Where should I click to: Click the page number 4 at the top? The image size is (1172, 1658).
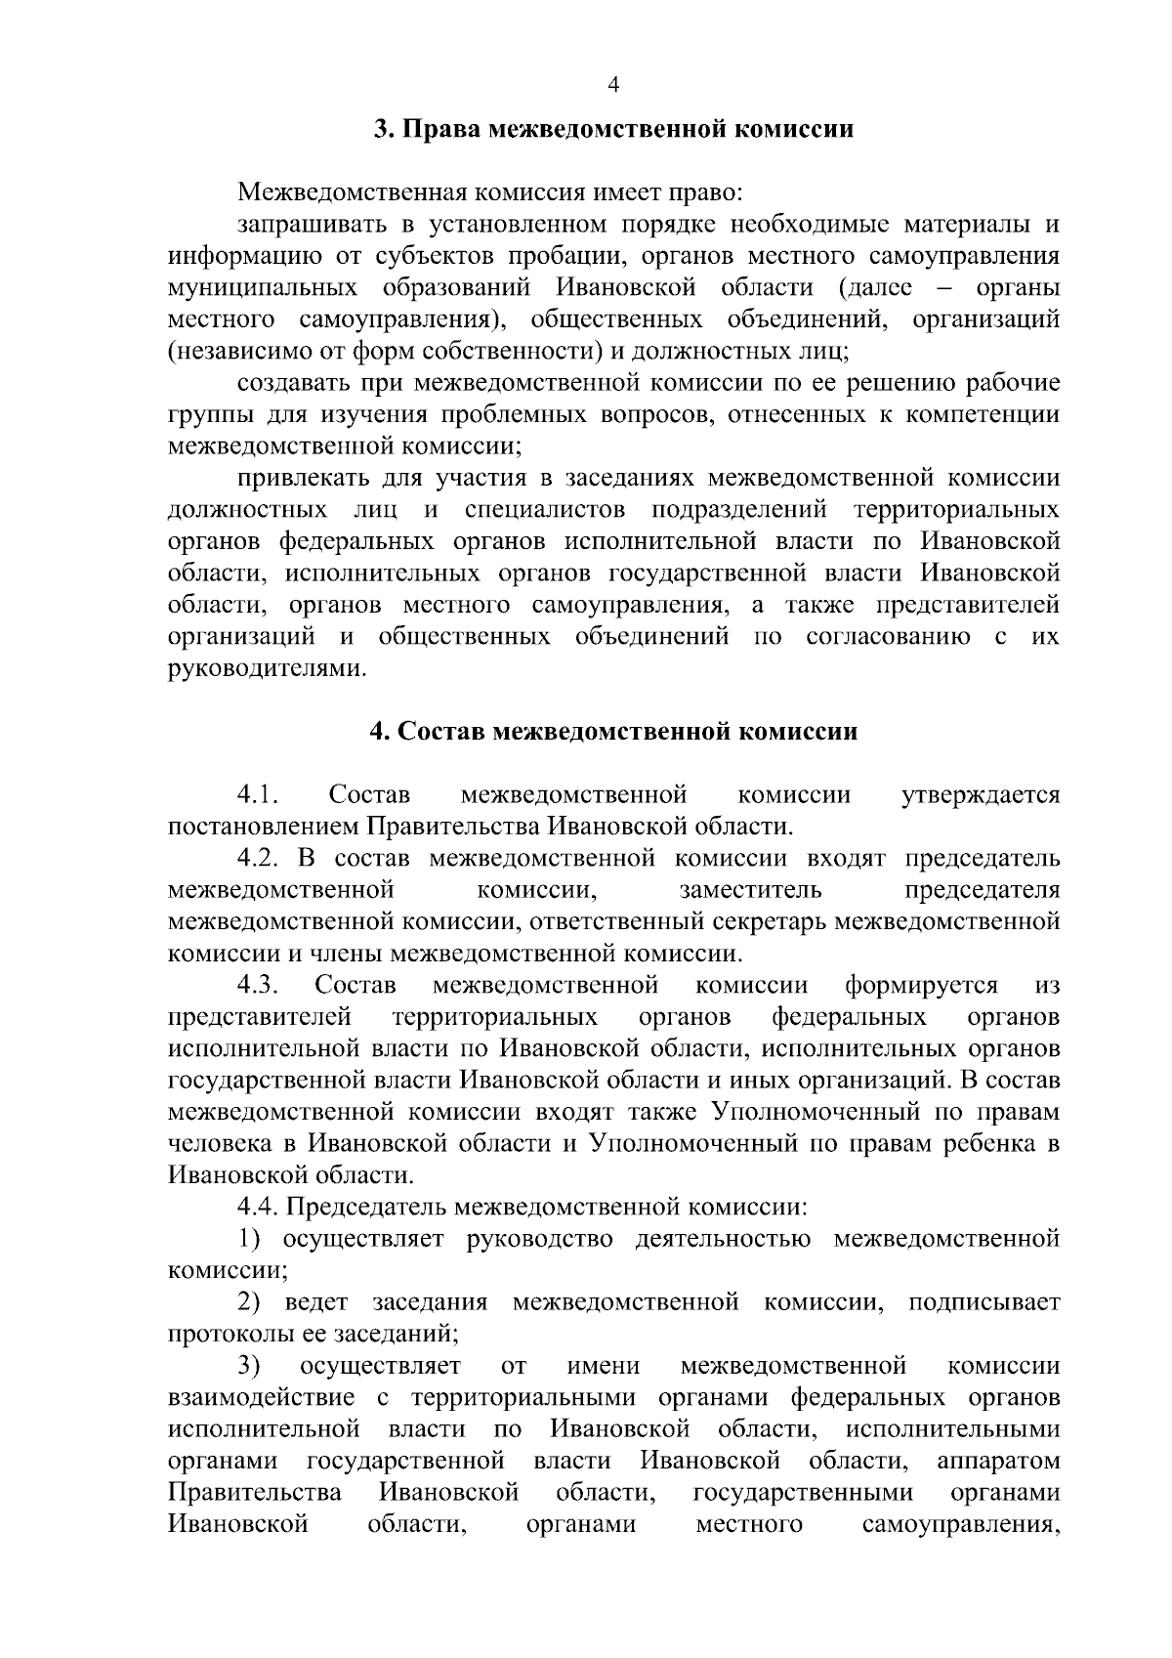coord(613,85)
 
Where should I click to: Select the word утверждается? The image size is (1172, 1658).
coord(983,795)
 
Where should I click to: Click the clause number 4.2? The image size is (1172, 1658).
coord(259,859)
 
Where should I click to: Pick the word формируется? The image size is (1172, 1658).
coord(922,985)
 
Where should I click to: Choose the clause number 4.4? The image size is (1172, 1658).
coord(259,1208)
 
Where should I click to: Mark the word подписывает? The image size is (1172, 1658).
coord(984,1302)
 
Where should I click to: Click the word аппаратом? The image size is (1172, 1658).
coord(998,1461)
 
